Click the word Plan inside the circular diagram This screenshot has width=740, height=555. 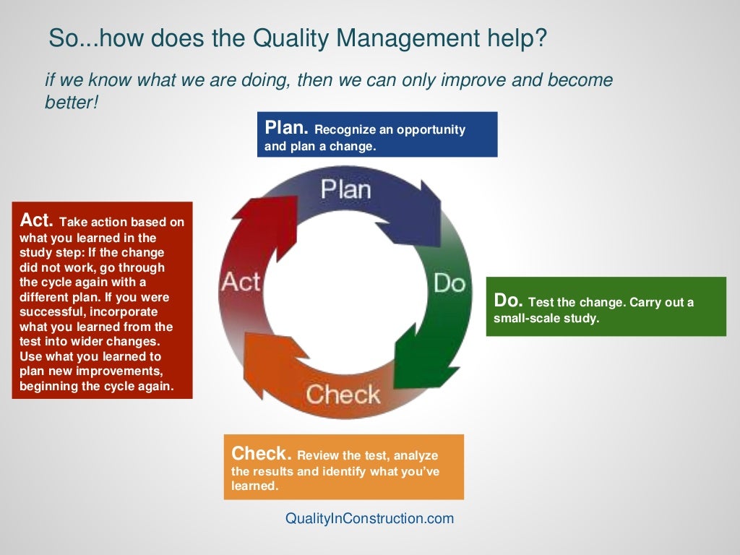[345, 189]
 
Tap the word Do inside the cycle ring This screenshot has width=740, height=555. [449, 283]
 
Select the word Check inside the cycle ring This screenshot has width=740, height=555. [343, 395]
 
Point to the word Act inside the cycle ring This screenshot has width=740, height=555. [241, 281]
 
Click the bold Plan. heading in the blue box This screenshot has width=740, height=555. [287, 129]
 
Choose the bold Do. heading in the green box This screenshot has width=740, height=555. [509, 301]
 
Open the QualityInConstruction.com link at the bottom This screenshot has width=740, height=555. [370, 518]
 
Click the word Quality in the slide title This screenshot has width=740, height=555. [288, 38]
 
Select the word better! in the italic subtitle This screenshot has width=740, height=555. [72, 103]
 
